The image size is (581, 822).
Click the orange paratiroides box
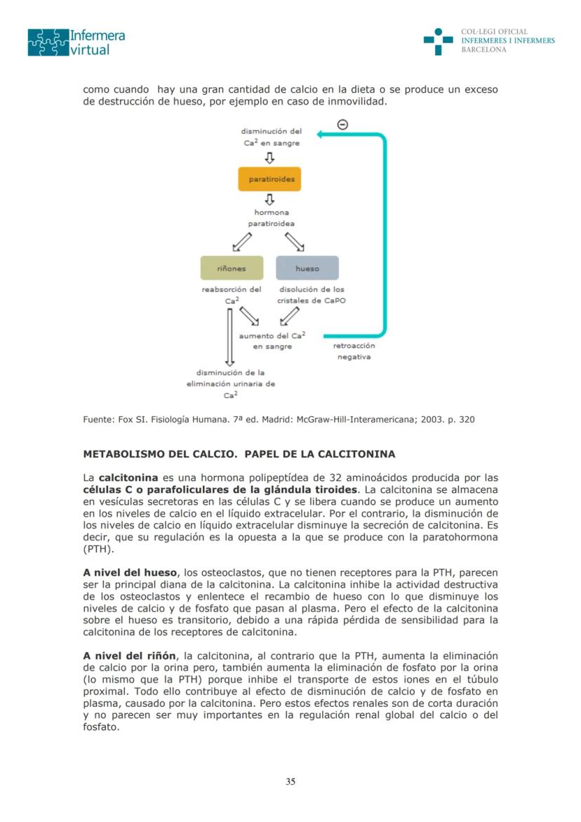click(x=270, y=179)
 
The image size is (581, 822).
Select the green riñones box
click(x=232, y=268)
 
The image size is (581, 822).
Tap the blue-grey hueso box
click(x=307, y=268)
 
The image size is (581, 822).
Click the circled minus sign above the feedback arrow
click(x=342, y=124)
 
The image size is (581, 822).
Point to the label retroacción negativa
click(x=354, y=351)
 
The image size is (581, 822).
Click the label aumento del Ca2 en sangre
click(x=272, y=341)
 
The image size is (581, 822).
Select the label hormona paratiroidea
click(x=271, y=218)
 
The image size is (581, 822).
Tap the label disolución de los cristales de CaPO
click(x=312, y=295)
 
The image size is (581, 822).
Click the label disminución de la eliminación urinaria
click(x=231, y=383)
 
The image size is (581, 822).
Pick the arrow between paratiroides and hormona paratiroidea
click(x=270, y=199)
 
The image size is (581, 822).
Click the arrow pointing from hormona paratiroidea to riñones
click(x=242, y=242)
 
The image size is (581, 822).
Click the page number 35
click(x=290, y=782)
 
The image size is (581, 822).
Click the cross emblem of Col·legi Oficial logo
click(x=438, y=41)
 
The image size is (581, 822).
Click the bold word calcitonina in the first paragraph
click(x=128, y=477)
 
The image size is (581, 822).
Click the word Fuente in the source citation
click(x=98, y=420)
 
